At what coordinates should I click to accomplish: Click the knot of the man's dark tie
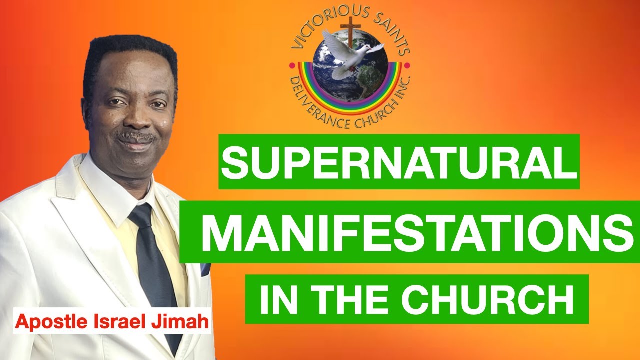140,215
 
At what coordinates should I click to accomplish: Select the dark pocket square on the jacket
205,270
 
